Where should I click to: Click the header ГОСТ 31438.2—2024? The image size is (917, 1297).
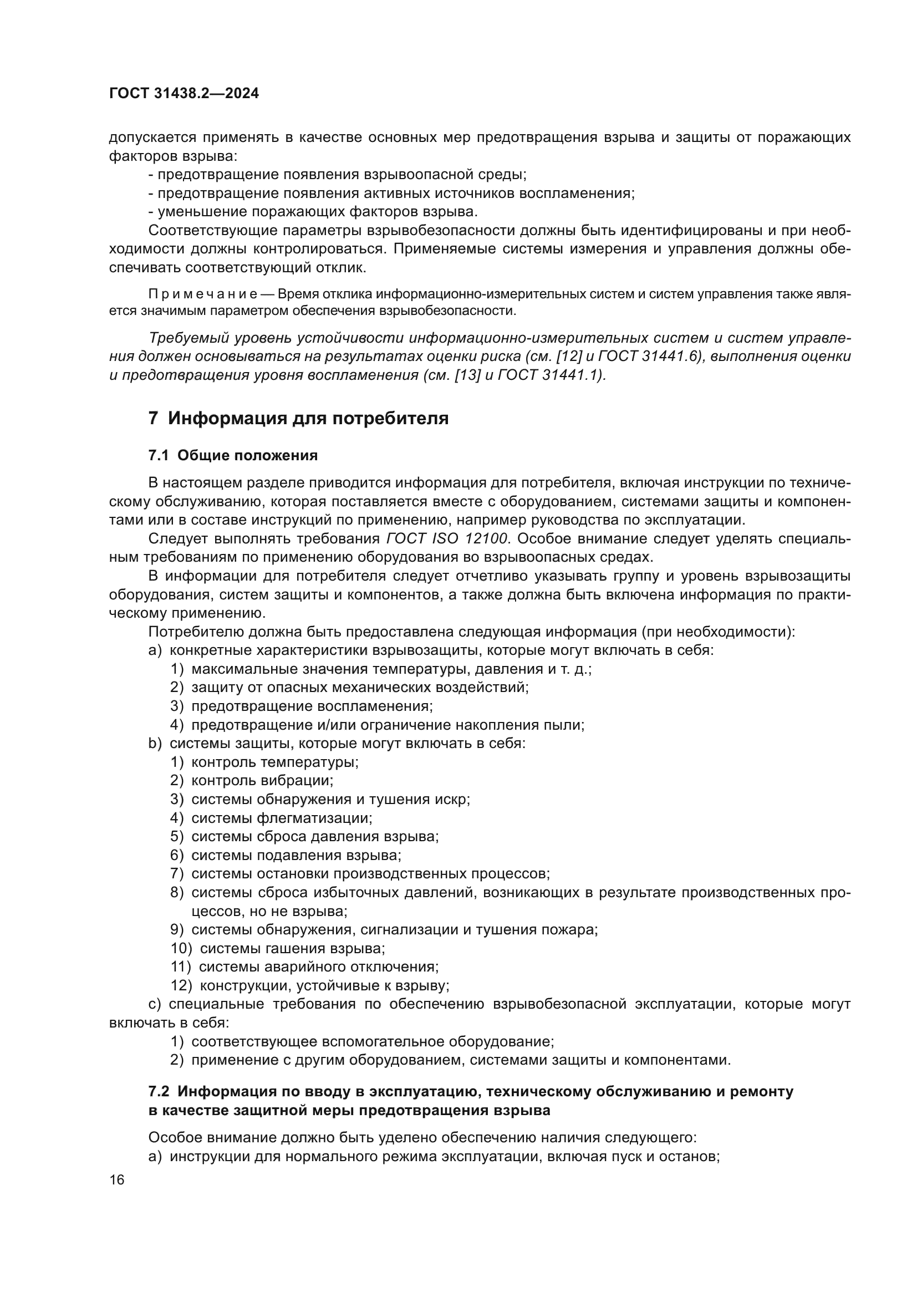[184, 94]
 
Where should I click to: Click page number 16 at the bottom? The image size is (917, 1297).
[118, 1180]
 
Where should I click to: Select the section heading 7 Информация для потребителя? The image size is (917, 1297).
[298, 419]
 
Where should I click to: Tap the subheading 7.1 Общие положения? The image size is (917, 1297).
[233, 455]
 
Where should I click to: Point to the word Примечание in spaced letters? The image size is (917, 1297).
[203, 294]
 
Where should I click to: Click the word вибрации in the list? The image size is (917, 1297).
[297, 781]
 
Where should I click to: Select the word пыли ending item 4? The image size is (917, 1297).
[568, 725]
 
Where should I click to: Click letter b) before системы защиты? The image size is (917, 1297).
[155, 744]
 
